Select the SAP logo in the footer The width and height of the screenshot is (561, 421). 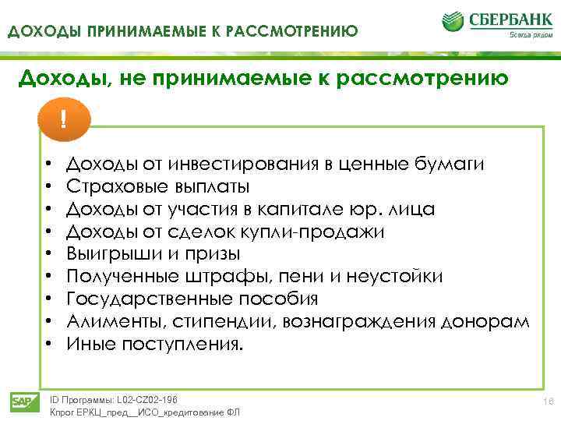tap(21, 402)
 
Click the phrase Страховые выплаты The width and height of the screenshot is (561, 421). tap(158, 186)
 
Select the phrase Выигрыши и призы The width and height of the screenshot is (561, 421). tap(153, 254)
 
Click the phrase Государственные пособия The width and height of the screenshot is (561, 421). tap(192, 299)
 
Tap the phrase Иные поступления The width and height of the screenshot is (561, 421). tap(155, 344)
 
